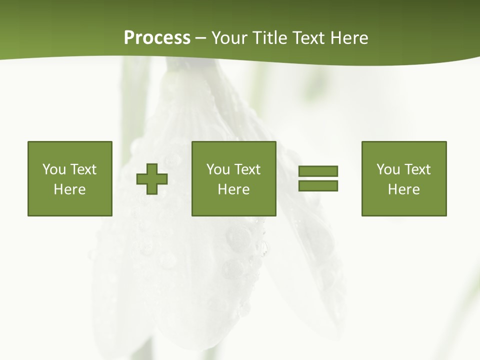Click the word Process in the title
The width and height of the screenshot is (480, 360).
pos(157,37)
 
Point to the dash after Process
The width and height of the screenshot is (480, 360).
pos(200,38)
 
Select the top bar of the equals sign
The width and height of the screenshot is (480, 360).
pos(318,171)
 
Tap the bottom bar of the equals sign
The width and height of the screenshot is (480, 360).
pos(318,186)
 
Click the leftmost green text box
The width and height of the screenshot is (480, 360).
pos(70,178)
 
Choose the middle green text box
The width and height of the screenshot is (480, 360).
pos(233,178)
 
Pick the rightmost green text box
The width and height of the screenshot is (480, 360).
pos(403,178)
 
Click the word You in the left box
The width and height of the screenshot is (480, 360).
pos(54,169)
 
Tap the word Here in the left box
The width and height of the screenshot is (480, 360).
pos(70,189)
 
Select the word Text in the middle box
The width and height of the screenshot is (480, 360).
pos(247,169)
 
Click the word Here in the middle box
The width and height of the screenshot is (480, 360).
pos(233,189)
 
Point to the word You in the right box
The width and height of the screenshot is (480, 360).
pos(388,169)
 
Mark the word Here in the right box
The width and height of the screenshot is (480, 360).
pos(403,189)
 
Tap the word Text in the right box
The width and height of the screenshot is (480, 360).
pos(417,169)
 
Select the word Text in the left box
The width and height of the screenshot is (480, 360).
pos(83,169)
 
